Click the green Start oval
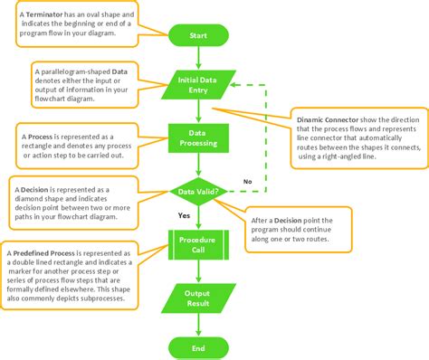pyautogui.click(x=196, y=35)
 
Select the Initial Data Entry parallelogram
pyautogui.click(x=196, y=85)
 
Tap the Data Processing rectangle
pyautogui.click(x=196, y=138)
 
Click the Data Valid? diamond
pyautogui.click(x=196, y=193)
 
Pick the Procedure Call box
pyautogui.click(x=196, y=245)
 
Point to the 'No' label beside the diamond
pyautogui.click(x=247, y=181)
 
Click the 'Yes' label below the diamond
pyautogui.click(x=184, y=217)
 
